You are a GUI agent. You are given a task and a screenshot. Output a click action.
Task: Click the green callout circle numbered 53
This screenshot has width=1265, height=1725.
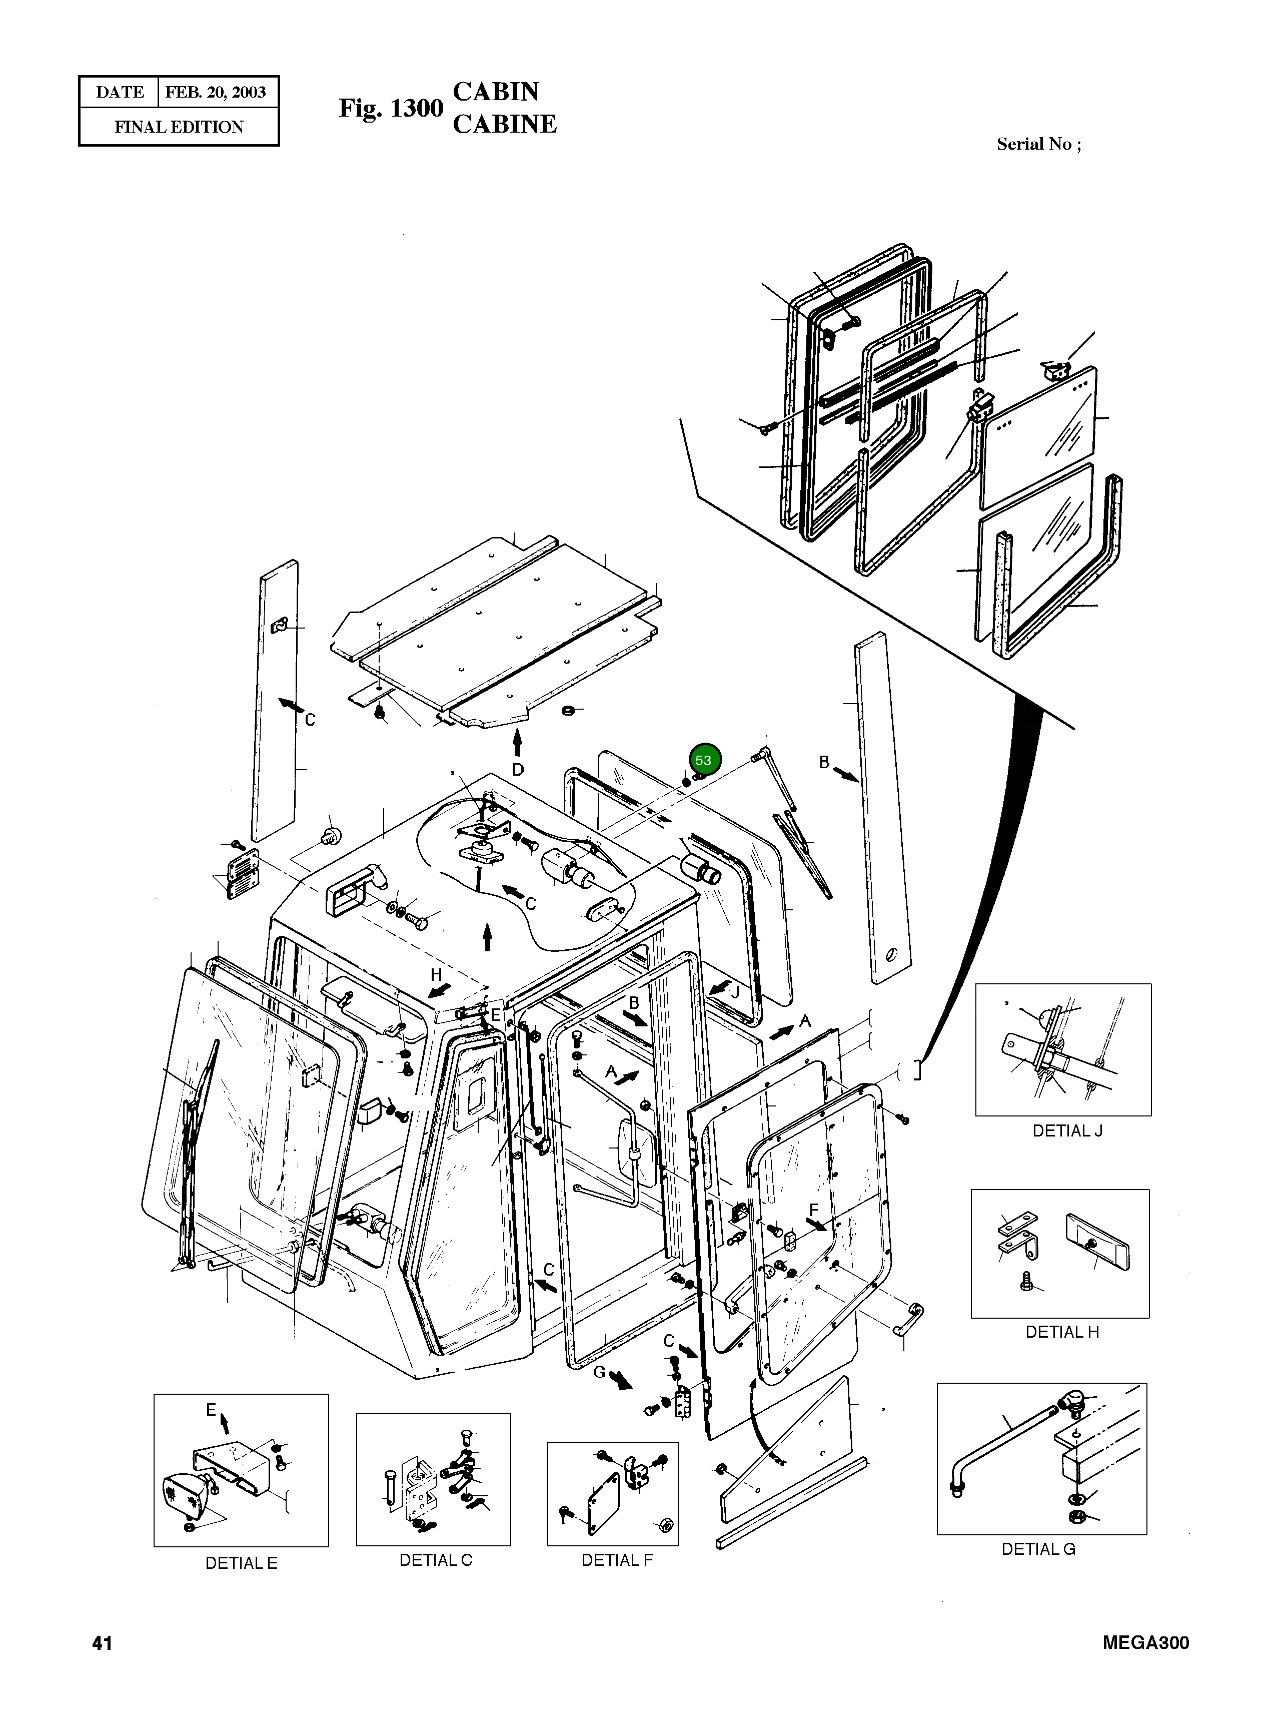(703, 761)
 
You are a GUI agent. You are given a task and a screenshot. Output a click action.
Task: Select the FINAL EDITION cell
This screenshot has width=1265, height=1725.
(179, 127)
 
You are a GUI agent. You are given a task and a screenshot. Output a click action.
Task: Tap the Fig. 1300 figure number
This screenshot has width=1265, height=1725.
(391, 109)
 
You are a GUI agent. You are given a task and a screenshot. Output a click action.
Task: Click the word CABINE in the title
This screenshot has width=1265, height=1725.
(505, 124)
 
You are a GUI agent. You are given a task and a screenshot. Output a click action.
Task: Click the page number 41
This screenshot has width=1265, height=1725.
(102, 1642)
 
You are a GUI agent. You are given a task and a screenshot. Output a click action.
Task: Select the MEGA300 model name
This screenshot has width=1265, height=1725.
(1145, 1642)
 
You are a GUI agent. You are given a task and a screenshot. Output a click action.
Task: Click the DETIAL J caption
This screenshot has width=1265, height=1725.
(1067, 1130)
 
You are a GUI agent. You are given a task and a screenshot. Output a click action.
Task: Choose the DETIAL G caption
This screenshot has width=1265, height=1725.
(1038, 1549)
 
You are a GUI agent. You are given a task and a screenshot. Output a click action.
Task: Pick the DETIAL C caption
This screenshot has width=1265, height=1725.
(436, 1560)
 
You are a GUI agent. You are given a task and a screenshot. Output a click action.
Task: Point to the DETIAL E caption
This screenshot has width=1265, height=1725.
(241, 1563)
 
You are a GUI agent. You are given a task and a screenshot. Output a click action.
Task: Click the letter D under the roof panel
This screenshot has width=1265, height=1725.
(518, 769)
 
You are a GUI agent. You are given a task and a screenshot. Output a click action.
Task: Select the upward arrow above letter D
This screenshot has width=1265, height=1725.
(518, 742)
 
